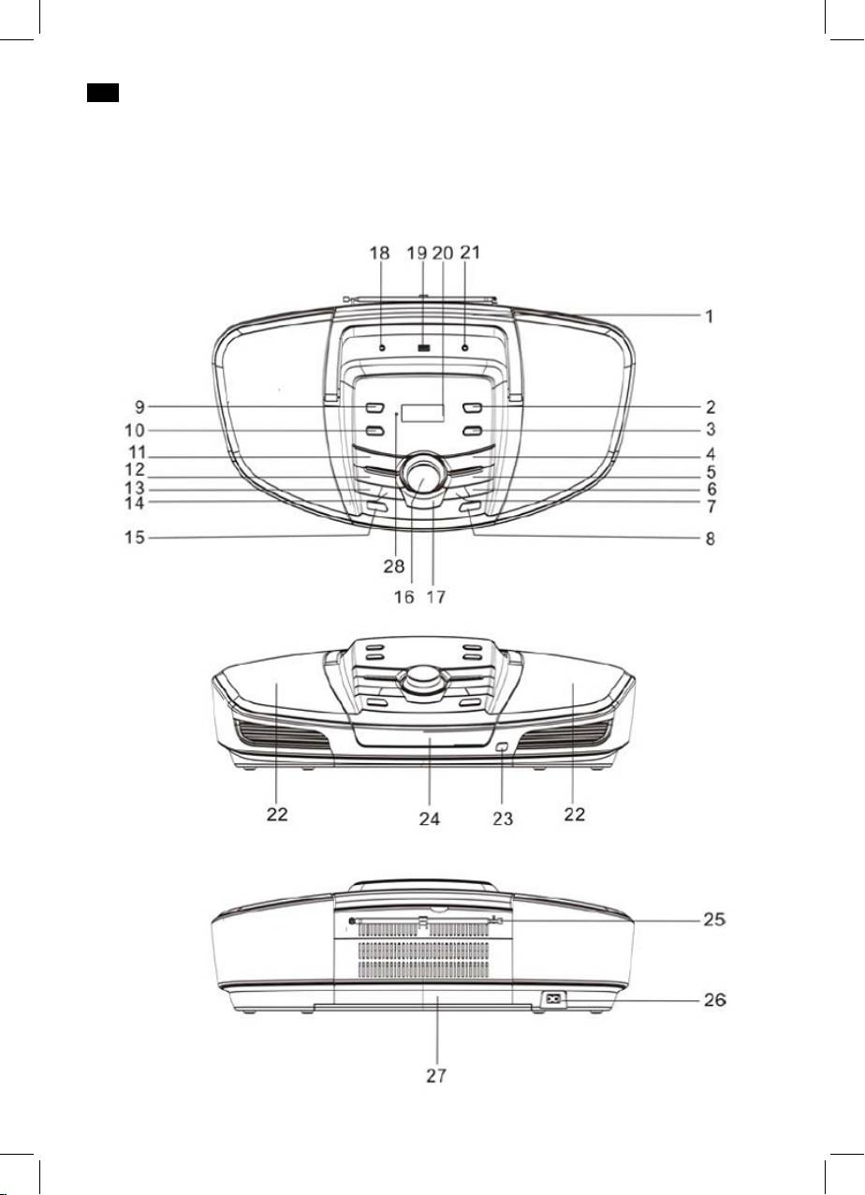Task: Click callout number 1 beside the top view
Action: point(710,317)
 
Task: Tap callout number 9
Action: point(139,407)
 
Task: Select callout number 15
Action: point(135,538)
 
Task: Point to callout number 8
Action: point(711,538)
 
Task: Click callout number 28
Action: point(394,566)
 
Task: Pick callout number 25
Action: point(714,919)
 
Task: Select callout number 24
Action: point(430,819)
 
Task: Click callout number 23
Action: point(503,819)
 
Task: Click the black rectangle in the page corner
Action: point(103,93)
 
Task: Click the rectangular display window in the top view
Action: point(422,412)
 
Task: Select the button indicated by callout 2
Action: point(473,408)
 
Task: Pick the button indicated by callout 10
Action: point(374,431)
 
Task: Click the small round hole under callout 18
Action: point(382,347)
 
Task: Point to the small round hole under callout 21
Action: point(465,347)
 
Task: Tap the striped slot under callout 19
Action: point(423,347)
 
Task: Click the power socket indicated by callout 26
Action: point(554,998)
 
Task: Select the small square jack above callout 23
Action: point(502,747)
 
